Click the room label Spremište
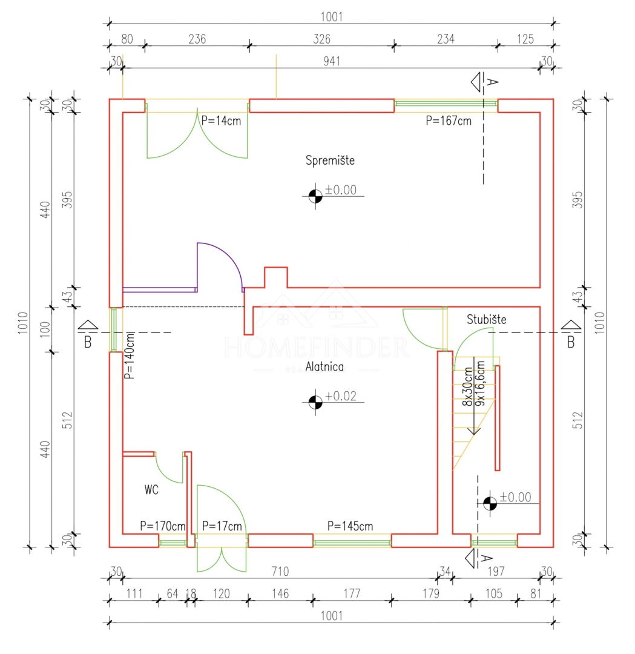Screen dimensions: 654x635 330,160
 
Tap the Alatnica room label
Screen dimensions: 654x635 324,366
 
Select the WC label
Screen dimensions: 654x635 151,490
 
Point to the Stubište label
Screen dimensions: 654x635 486,319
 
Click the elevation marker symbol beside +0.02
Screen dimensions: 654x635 315,401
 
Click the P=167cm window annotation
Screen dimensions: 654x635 448,121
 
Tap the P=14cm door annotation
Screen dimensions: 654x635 221,120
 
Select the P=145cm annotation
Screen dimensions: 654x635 350,526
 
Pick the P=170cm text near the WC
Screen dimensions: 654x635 162,526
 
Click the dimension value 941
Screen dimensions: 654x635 332,61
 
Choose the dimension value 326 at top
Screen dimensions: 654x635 321,39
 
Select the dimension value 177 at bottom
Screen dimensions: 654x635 352,593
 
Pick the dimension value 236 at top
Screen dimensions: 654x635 197,39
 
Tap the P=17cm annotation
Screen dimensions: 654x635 222,526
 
